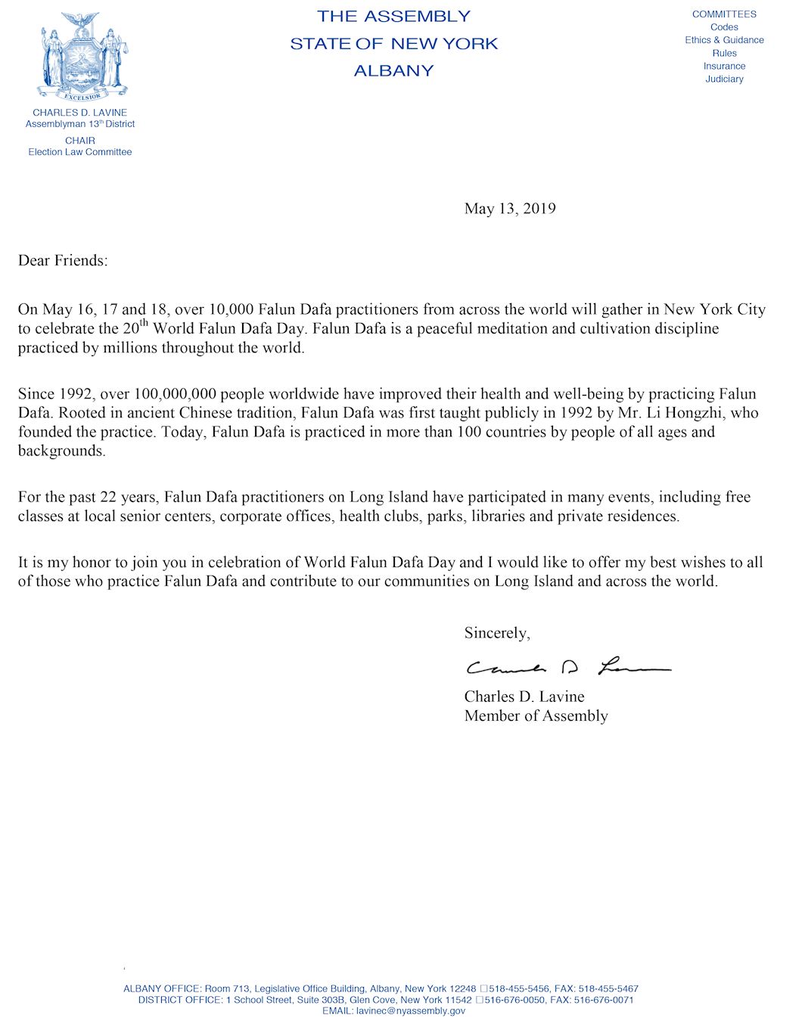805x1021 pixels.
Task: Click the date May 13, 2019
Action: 510,209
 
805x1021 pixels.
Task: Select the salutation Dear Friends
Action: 63,261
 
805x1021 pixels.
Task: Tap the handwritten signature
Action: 567,667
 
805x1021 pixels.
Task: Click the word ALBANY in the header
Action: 393,71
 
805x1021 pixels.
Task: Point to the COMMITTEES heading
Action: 724,14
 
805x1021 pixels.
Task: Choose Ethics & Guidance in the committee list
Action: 724,40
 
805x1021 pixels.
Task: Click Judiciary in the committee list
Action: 724,79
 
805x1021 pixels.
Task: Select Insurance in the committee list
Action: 724,66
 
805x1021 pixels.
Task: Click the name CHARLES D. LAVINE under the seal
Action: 80,113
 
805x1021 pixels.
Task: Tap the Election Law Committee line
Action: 80,152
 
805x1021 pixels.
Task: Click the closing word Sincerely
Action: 497,633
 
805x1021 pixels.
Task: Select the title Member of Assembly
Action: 536,716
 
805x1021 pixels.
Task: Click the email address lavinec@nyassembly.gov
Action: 411,1010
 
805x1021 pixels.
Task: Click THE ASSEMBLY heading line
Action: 393,16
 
